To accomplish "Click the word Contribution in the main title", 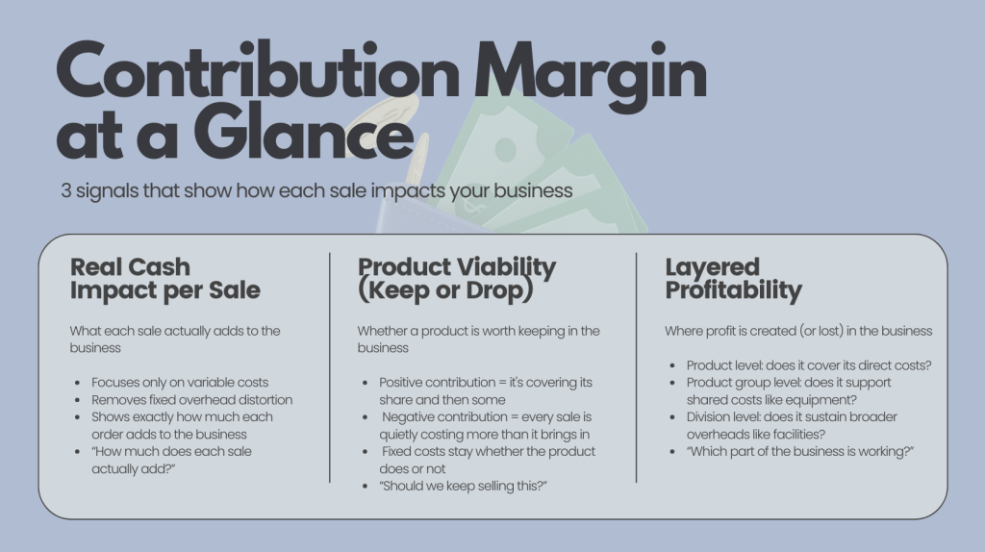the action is (258, 70).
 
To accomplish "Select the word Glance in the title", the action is (303, 131).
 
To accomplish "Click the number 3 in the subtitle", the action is (66, 190).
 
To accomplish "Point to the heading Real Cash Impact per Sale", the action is (164, 278).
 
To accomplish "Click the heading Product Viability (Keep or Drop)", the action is (457, 278).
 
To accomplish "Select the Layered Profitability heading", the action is (733, 278).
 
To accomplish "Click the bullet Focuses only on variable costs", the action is (180, 383).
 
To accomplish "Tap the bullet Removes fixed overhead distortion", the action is (191, 399).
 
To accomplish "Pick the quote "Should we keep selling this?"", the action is (463, 486).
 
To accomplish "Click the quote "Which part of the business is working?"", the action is (799, 451).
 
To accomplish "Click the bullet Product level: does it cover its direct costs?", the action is (808, 364).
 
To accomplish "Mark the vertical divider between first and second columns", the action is (329, 367).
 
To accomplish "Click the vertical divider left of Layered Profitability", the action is (637, 367).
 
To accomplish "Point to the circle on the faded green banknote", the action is (506, 149).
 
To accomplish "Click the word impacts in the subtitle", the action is (408, 191).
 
